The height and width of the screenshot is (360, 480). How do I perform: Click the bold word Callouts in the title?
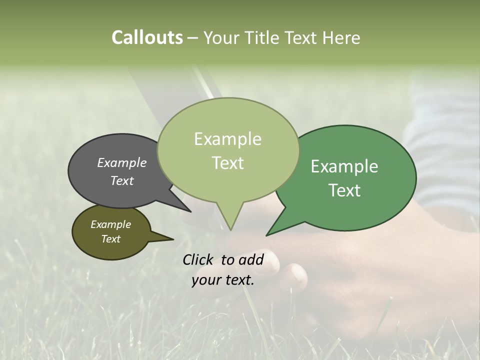pos(147,37)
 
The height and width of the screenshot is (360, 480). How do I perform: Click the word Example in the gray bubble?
pos(121,162)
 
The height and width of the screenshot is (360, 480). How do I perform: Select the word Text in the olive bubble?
pos(111,239)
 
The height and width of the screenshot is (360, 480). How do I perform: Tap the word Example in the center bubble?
pos(227,139)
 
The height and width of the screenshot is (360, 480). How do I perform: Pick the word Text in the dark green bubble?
pos(344,190)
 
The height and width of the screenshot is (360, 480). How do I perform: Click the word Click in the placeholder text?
pos(199,259)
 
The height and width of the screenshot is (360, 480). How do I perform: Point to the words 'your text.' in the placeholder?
pos(223,280)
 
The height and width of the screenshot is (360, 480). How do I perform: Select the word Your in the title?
pos(222,37)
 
